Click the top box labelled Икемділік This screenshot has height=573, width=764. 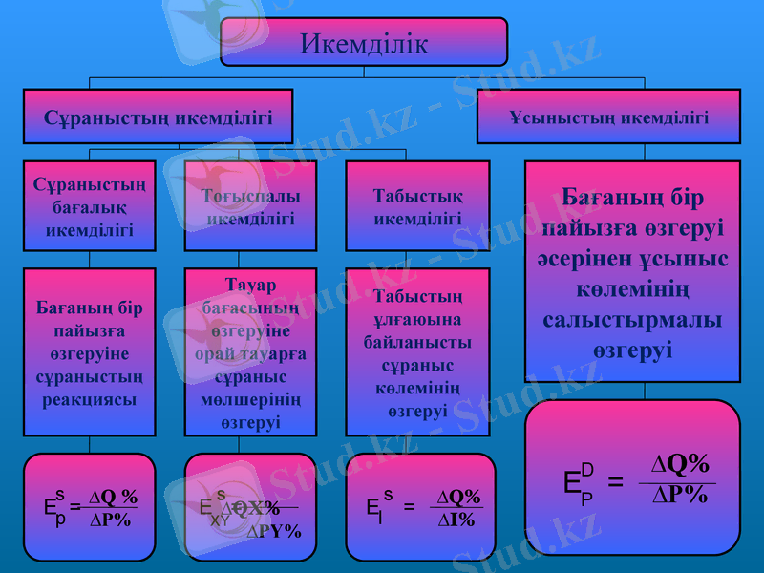pyautogui.click(x=364, y=43)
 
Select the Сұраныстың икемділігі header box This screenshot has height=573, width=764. pyautogui.click(x=159, y=117)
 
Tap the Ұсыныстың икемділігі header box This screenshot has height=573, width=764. pyautogui.click(x=608, y=117)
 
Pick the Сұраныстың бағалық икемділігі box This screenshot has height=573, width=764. pyautogui.click(x=90, y=205)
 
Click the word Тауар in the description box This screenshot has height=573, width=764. pyautogui.click(x=251, y=286)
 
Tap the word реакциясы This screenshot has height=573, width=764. pyautogui.click(x=90, y=398)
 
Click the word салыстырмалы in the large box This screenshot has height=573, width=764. pyautogui.click(x=633, y=319)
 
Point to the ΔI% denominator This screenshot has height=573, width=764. pyautogui.click(x=457, y=520)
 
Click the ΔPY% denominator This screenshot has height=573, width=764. pyautogui.click(x=274, y=531)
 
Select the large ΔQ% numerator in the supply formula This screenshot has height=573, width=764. pyautogui.click(x=681, y=464)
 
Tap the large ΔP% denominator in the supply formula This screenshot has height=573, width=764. pyautogui.click(x=680, y=495)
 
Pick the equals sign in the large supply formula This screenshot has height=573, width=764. pyautogui.click(x=617, y=480)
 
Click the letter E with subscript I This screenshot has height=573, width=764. pyautogui.click(x=373, y=508)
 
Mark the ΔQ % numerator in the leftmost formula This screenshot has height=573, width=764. pyautogui.click(x=113, y=498)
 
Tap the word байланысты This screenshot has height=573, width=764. pyautogui.click(x=418, y=341)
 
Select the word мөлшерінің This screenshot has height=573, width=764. pyautogui.click(x=251, y=398)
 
